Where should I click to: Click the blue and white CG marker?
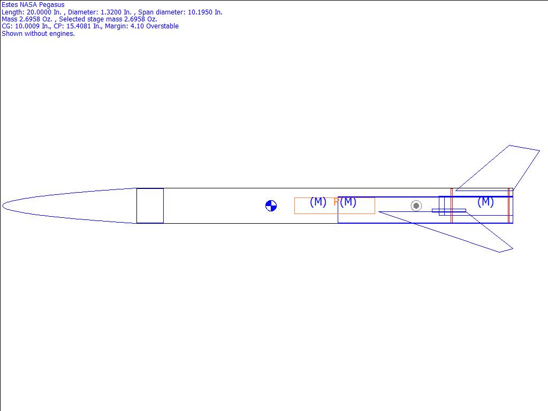pos(271,206)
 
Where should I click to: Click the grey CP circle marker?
pos(416,205)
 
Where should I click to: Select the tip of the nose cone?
pos(3,206)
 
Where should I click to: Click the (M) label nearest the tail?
pos(485,202)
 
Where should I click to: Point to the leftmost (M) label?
pos(318,202)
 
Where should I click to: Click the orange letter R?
pos(336,202)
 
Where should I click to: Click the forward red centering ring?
pos(452,205)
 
